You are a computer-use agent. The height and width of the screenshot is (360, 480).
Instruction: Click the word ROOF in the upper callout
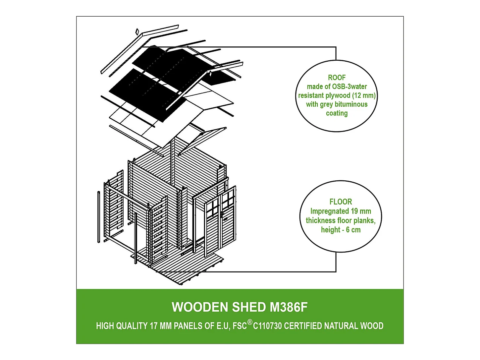337,78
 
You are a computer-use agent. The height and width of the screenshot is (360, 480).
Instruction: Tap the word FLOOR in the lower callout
341,202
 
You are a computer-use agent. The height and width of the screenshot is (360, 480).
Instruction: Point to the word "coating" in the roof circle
337,113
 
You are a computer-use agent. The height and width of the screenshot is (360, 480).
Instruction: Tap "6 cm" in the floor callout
353,230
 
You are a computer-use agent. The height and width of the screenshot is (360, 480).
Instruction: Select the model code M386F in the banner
289,307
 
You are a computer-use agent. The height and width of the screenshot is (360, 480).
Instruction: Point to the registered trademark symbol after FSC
250,322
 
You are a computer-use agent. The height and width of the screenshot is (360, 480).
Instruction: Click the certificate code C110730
268,326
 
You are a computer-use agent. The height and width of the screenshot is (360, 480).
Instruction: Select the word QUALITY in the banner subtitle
132,326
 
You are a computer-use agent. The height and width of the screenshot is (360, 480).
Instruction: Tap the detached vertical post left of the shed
99,217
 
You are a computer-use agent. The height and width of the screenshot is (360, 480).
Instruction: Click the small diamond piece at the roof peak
137,32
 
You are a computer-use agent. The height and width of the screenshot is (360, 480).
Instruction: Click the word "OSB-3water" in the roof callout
349,87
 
